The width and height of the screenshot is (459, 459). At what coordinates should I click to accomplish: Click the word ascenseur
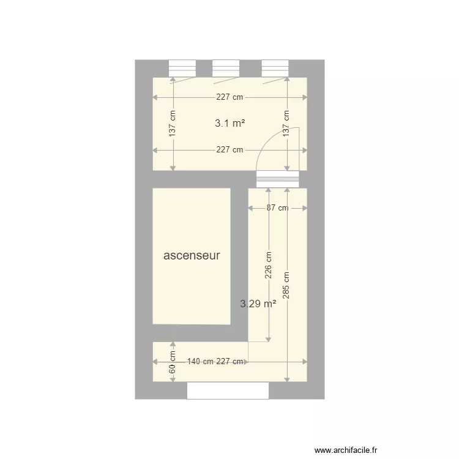coord(192,256)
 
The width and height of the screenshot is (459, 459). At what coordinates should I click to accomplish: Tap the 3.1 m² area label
coord(229,123)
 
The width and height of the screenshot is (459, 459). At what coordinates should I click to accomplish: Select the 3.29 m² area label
coord(258,303)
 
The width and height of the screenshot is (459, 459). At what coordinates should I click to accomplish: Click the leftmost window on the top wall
coord(182,67)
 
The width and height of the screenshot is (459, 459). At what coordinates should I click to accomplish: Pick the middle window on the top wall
coord(225,67)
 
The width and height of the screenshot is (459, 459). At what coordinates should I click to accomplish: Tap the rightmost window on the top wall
coord(275,67)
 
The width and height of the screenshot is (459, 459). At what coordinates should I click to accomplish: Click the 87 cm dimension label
coord(277,208)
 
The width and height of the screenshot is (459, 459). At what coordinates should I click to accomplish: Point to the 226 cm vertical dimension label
coord(268,267)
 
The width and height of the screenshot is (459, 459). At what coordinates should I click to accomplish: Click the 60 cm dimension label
coord(173,362)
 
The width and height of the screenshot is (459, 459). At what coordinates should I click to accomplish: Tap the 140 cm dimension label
coord(200,362)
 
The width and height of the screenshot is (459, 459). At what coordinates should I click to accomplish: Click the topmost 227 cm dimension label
coord(229,97)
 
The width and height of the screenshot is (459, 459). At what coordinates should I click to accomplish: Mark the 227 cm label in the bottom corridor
coord(231,362)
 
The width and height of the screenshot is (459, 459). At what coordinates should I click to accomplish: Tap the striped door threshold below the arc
coord(278,179)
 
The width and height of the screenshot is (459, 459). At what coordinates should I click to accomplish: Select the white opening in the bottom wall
coord(228,390)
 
